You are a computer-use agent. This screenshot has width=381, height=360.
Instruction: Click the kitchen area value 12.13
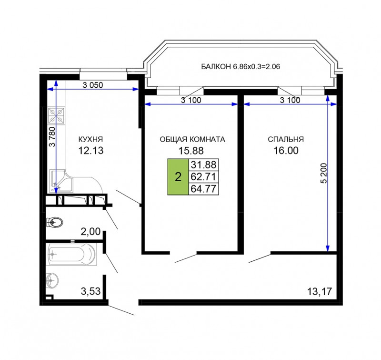[x=91, y=151]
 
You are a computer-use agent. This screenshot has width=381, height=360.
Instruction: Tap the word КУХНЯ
[x=90, y=139]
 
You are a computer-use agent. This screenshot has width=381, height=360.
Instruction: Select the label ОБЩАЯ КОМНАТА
[x=192, y=139]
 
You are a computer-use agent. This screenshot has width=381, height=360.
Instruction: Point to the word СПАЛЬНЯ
[x=286, y=139]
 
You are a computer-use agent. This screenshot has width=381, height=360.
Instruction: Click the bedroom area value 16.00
[x=286, y=151]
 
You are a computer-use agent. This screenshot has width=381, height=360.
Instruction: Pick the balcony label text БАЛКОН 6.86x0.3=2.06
[x=241, y=66]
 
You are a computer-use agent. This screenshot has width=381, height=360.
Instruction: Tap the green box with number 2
[x=178, y=177]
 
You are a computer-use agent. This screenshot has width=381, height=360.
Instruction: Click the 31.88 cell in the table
[x=204, y=165]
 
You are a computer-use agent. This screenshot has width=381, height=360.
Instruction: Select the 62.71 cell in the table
[x=204, y=177]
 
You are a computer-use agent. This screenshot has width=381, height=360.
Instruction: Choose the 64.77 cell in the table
[x=204, y=189]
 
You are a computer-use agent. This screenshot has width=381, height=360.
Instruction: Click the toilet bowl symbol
[x=55, y=222]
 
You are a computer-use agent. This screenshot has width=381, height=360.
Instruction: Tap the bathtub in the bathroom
[x=72, y=255]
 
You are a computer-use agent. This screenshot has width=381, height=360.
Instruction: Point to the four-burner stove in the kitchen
[x=56, y=115]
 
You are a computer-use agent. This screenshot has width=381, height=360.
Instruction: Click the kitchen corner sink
[x=61, y=181]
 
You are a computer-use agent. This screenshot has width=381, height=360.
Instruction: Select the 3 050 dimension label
[x=92, y=85]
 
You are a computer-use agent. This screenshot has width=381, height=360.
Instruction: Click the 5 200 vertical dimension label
[x=324, y=173]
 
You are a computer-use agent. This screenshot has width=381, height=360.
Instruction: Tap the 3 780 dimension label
[x=52, y=137]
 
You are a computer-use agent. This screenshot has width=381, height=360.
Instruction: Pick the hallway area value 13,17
[x=320, y=291]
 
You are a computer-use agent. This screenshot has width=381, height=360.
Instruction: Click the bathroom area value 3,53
[x=90, y=291]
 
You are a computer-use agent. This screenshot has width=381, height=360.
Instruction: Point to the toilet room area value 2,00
[x=90, y=232]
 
